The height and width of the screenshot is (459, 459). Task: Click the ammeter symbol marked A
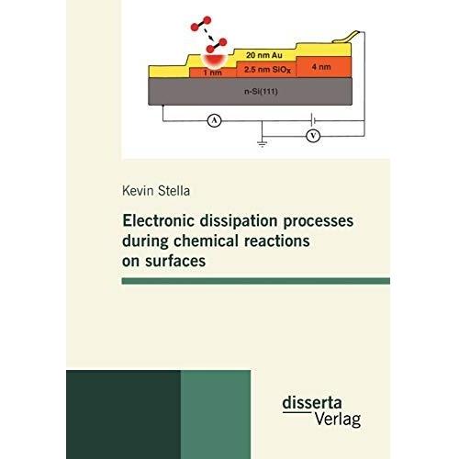tap(215, 120)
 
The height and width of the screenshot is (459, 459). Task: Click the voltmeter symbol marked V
tap(313, 136)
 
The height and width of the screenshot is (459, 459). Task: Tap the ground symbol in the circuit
tap(262, 143)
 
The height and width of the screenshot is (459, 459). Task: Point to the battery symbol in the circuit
tap(313, 119)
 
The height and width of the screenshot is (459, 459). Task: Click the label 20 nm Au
tap(264, 55)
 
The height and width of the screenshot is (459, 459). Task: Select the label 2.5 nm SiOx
tap(267, 70)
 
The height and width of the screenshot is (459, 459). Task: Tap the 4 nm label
tap(321, 67)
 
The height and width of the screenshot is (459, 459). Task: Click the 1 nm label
tap(212, 73)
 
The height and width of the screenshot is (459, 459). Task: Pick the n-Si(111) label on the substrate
tap(261, 91)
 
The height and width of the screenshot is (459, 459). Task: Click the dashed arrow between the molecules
tap(209, 34)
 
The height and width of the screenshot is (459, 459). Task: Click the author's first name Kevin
tap(138, 191)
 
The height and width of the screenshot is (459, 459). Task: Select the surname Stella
tap(174, 191)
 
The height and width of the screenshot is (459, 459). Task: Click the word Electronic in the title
tap(159, 220)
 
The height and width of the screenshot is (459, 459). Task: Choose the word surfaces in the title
tap(175, 261)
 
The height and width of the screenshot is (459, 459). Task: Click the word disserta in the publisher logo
tap(312, 403)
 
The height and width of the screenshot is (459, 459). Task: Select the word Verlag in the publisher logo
tap(338, 419)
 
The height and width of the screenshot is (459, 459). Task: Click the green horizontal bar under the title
tap(256, 281)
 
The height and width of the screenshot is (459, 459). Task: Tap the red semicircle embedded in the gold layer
tap(214, 62)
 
